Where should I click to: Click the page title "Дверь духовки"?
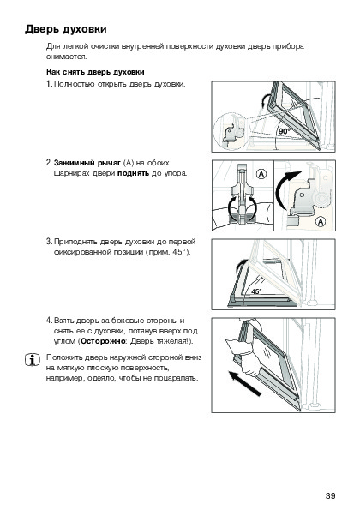[x=66, y=29]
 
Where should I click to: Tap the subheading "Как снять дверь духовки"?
[x=95, y=72]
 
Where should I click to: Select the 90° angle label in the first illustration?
[x=284, y=131]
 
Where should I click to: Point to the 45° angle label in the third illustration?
[x=256, y=291]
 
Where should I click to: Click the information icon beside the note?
[x=33, y=360]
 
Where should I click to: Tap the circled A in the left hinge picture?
[x=261, y=174]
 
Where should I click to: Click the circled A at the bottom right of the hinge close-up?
[x=321, y=222]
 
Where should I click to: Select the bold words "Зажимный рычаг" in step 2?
[x=87, y=163]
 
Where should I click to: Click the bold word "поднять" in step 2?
[x=134, y=173]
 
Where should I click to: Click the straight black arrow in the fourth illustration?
[x=244, y=383]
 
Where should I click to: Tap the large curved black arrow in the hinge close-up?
[x=285, y=189]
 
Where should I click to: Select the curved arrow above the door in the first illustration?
[x=264, y=100]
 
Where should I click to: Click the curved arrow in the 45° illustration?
[x=238, y=267]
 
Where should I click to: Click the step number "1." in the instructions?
[x=49, y=84]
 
